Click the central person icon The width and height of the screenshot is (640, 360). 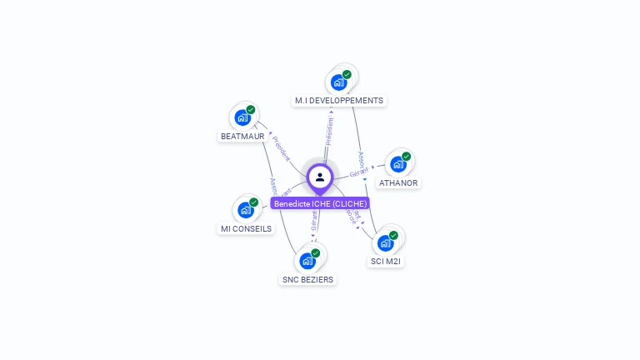[320, 177]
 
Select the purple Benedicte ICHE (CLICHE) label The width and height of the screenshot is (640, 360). [320, 203]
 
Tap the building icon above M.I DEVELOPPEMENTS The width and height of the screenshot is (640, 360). [338, 82]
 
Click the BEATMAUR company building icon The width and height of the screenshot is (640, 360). [242, 117]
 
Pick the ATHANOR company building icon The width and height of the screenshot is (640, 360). [398, 164]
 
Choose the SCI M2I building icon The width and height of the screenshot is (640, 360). [385, 243]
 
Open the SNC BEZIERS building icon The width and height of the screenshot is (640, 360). [307, 261]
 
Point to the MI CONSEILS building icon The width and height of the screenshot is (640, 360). [246, 210]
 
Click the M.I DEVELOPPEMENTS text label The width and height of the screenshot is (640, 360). [339, 101]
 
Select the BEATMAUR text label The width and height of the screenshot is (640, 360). [242, 136]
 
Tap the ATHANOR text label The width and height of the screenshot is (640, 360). [398, 182]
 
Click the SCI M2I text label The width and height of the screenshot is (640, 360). [387, 262]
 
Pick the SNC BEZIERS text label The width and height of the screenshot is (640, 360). [307, 279]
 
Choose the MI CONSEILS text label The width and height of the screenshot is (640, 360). [246, 228]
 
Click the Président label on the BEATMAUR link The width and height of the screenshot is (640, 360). [282, 147]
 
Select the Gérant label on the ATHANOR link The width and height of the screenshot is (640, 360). [359, 172]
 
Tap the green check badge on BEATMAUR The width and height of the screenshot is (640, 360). [251, 110]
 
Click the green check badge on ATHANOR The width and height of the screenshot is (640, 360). [407, 157]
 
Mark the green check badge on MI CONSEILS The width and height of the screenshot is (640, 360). [254, 202]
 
